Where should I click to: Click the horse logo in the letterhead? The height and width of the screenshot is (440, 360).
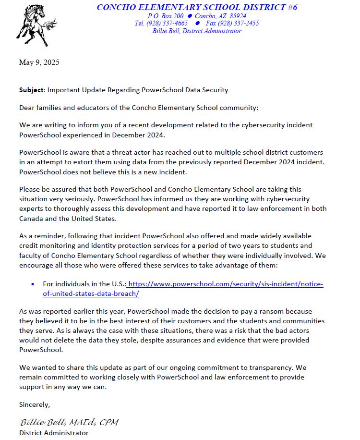click(x=36, y=24)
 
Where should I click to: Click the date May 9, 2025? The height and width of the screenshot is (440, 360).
click(x=39, y=62)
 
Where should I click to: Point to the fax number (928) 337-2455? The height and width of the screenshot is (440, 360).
click(x=239, y=23)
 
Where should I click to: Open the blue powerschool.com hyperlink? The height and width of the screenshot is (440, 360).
click(x=226, y=284)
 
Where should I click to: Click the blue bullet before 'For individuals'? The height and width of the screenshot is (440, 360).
click(x=33, y=284)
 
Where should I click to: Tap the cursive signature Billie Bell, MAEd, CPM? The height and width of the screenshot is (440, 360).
click(x=69, y=423)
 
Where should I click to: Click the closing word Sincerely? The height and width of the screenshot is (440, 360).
click(x=34, y=404)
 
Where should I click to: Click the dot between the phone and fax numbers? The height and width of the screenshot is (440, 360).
click(x=197, y=23)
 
